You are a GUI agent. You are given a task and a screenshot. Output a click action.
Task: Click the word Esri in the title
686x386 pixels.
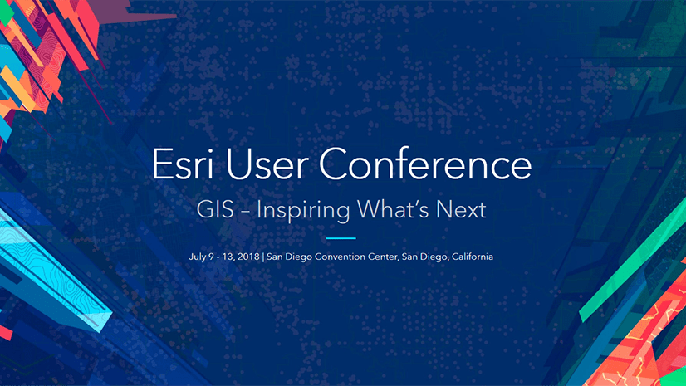click(x=183, y=164)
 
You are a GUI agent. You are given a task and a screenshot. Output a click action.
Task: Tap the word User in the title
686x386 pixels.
click(x=266, y=164)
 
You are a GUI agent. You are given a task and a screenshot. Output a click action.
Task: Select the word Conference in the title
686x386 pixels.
click(x=425, y=164)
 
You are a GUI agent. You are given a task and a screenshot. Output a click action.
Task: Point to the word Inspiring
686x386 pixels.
click(x=303, y=211)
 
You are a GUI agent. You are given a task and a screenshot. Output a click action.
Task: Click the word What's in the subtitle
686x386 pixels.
click(x=393, y=209)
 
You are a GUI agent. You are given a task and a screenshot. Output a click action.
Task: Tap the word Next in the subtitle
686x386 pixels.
click(x=461, y=209)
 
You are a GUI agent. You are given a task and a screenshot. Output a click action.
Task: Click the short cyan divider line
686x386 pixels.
click(x=341, y=238)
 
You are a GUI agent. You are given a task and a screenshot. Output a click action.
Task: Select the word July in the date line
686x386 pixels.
click(x=198, y=257)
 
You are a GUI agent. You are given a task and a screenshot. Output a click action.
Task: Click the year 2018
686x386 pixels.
click(x=249, y=257)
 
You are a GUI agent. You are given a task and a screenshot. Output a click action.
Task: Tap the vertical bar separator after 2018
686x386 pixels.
click(x=263, y=257)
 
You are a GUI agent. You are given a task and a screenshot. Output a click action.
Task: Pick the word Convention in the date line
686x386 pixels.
click(x=340, y=257)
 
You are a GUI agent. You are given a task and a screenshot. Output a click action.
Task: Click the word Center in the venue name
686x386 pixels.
click(x=384, y=257)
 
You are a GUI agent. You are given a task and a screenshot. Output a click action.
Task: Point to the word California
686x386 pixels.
click(x=473, y=257)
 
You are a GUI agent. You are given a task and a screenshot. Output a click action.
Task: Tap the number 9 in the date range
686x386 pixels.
click(x=211, y=257)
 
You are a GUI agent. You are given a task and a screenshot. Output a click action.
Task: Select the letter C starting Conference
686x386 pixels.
click(x=333, y=164)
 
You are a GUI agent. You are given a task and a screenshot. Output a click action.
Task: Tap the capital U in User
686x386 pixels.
click(x=238, y=164)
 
